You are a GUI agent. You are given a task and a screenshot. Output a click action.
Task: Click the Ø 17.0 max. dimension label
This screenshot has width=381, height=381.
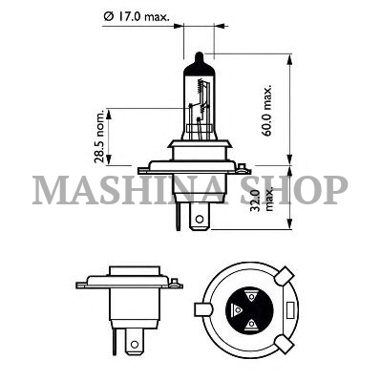(137, 17)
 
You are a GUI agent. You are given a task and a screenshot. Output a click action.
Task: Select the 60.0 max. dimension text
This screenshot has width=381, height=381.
(267, 110)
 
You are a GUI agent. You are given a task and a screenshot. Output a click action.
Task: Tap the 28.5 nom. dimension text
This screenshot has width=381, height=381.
(99, 137)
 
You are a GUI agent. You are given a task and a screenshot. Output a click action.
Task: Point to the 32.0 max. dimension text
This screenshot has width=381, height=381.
(261, 199)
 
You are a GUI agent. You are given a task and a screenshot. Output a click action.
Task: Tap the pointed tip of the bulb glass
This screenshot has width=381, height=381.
(199, 53)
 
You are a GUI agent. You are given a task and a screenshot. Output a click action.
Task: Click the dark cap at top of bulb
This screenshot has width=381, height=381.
(199, 64)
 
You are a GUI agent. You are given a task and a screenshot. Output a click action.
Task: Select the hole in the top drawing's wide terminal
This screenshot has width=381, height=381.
(200, 219)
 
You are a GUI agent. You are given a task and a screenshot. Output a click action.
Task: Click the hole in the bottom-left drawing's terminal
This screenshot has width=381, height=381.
(135, 345)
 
